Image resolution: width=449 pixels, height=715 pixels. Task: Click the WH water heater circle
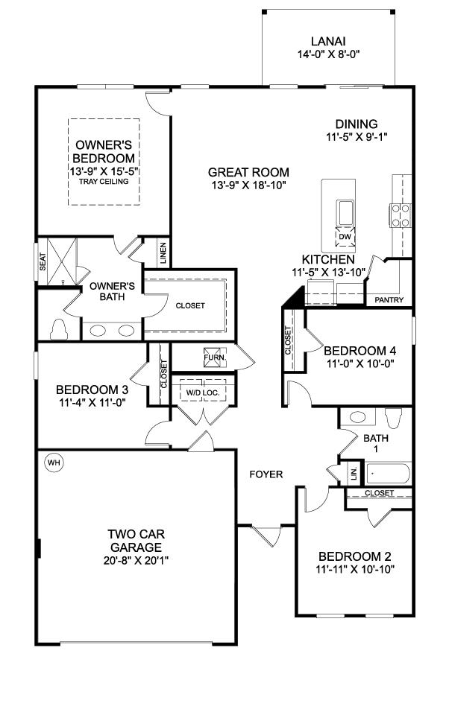coord(53,463)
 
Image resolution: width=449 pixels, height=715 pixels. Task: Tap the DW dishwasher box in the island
coord(344,237)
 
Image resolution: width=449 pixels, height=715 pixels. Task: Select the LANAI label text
coord(327,42)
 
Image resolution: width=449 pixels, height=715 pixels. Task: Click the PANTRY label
coord(390,300)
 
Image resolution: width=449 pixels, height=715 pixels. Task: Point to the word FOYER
coord(266,474)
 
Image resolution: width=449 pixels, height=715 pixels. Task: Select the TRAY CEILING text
coord(104,181)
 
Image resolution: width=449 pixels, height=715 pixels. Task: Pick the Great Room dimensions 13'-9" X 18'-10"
coord(248,185)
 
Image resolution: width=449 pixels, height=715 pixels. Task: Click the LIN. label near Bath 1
coord(354,474)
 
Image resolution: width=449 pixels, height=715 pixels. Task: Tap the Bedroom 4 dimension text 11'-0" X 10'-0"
coord(360,364)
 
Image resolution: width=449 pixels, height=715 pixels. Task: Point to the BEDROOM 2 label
coord(355,556)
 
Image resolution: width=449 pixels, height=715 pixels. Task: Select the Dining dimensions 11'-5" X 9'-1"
coord(357,137)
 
